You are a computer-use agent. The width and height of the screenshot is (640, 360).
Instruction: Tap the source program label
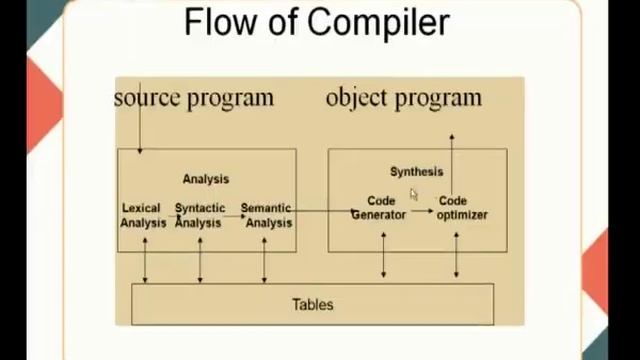click(x=193, y=97)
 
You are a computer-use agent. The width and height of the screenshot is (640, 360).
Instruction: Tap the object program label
click(x=403, y=97)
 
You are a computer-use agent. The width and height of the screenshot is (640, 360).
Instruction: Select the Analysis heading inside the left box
click(x=205, y=179)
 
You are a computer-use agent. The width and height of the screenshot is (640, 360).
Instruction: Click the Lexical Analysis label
click(x=142, y=215)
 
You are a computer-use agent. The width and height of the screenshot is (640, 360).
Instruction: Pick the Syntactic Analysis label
click(x=199, y=215)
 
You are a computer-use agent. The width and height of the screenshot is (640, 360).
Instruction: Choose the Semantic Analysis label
click(x=266, y=215)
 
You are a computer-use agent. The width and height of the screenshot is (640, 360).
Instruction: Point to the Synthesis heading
click(x=416, y=172)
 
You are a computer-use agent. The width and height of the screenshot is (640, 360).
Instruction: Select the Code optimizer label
click(x=461, y=208)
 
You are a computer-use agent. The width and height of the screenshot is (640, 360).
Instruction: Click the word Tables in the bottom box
click(x=312, y=304)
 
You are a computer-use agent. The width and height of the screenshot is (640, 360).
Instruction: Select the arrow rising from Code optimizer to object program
click(x=452, y=160)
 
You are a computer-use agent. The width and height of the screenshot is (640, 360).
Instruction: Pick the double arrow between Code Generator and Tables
click(x=383, y=255)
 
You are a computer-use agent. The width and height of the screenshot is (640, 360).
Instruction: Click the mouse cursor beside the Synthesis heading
click(x=413, y=194)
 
